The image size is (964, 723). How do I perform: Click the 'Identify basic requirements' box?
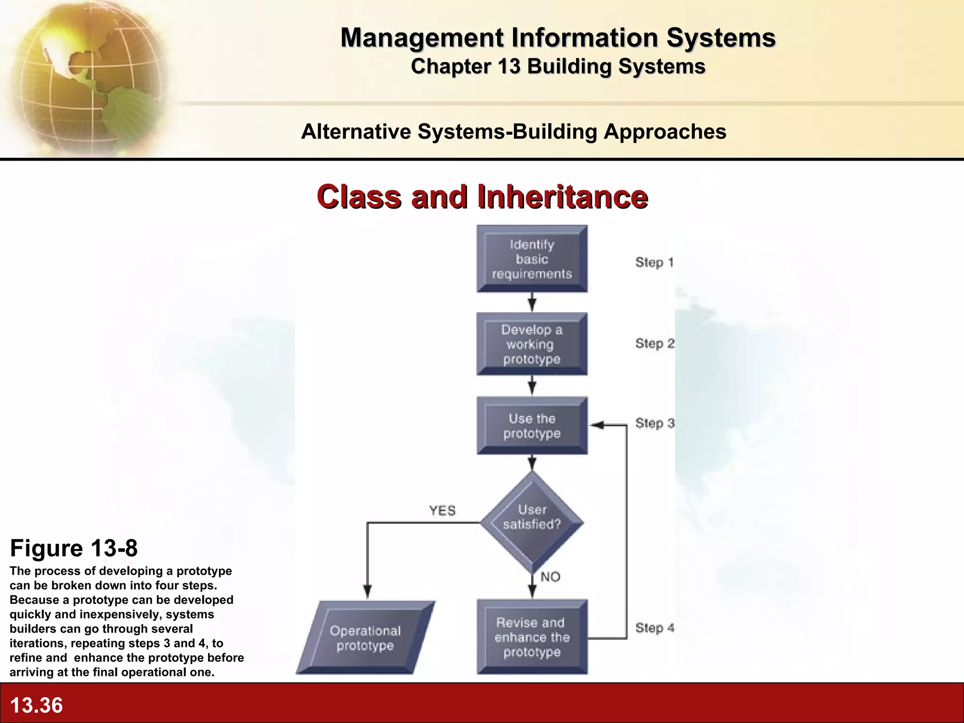point(532,259)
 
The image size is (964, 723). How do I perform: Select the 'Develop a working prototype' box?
point(532,344)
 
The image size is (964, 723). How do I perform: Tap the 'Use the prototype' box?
point(532,426)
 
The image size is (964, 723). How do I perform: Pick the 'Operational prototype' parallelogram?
point(365,638)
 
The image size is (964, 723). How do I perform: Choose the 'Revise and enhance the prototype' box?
point(532,637)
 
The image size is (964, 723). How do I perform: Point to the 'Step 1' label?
point(654,262)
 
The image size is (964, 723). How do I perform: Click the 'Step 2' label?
point(654,344)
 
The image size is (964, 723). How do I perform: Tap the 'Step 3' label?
point(654,423)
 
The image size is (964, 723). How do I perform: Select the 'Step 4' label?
point(654,627)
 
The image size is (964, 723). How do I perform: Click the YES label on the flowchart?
point(442,510)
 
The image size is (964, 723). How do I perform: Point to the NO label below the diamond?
point(550,577)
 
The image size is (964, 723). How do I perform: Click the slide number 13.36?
point(36,705)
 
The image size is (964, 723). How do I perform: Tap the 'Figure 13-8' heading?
point(74,548)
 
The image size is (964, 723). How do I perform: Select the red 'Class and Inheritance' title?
point(482,196)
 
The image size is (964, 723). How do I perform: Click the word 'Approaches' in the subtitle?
point(665,131)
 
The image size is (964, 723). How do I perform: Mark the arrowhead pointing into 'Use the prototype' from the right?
point(597,426)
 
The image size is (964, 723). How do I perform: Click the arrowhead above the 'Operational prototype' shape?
point(368,591)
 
